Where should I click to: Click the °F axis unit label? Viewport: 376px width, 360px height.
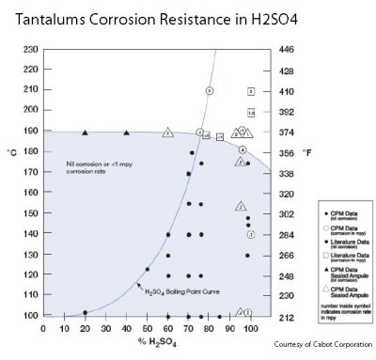306,151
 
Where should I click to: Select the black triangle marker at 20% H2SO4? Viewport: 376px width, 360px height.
86,133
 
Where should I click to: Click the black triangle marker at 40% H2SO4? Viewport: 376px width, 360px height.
127,133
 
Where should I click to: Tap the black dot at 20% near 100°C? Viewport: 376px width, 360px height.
86,312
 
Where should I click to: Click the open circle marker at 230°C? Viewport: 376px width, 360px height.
210,90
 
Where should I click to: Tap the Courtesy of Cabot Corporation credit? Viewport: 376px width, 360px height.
322,345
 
